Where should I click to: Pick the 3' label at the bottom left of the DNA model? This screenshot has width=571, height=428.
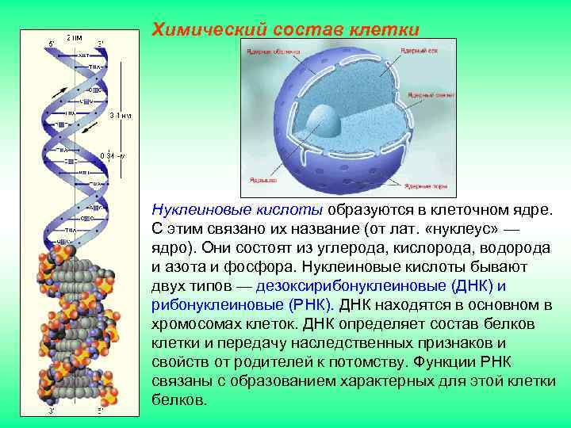pyautogui.click(x=51, y=411)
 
